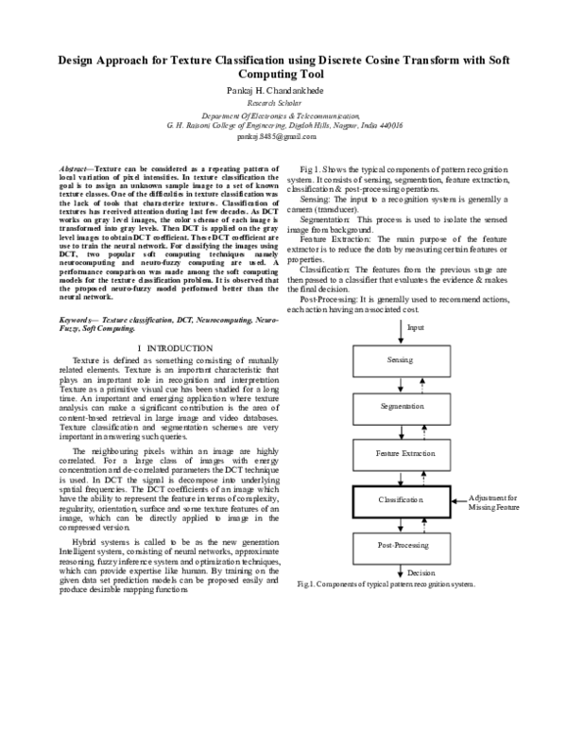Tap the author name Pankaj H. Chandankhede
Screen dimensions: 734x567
[x=283, y=89]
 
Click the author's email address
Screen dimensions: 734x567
[x=283, y=136]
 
